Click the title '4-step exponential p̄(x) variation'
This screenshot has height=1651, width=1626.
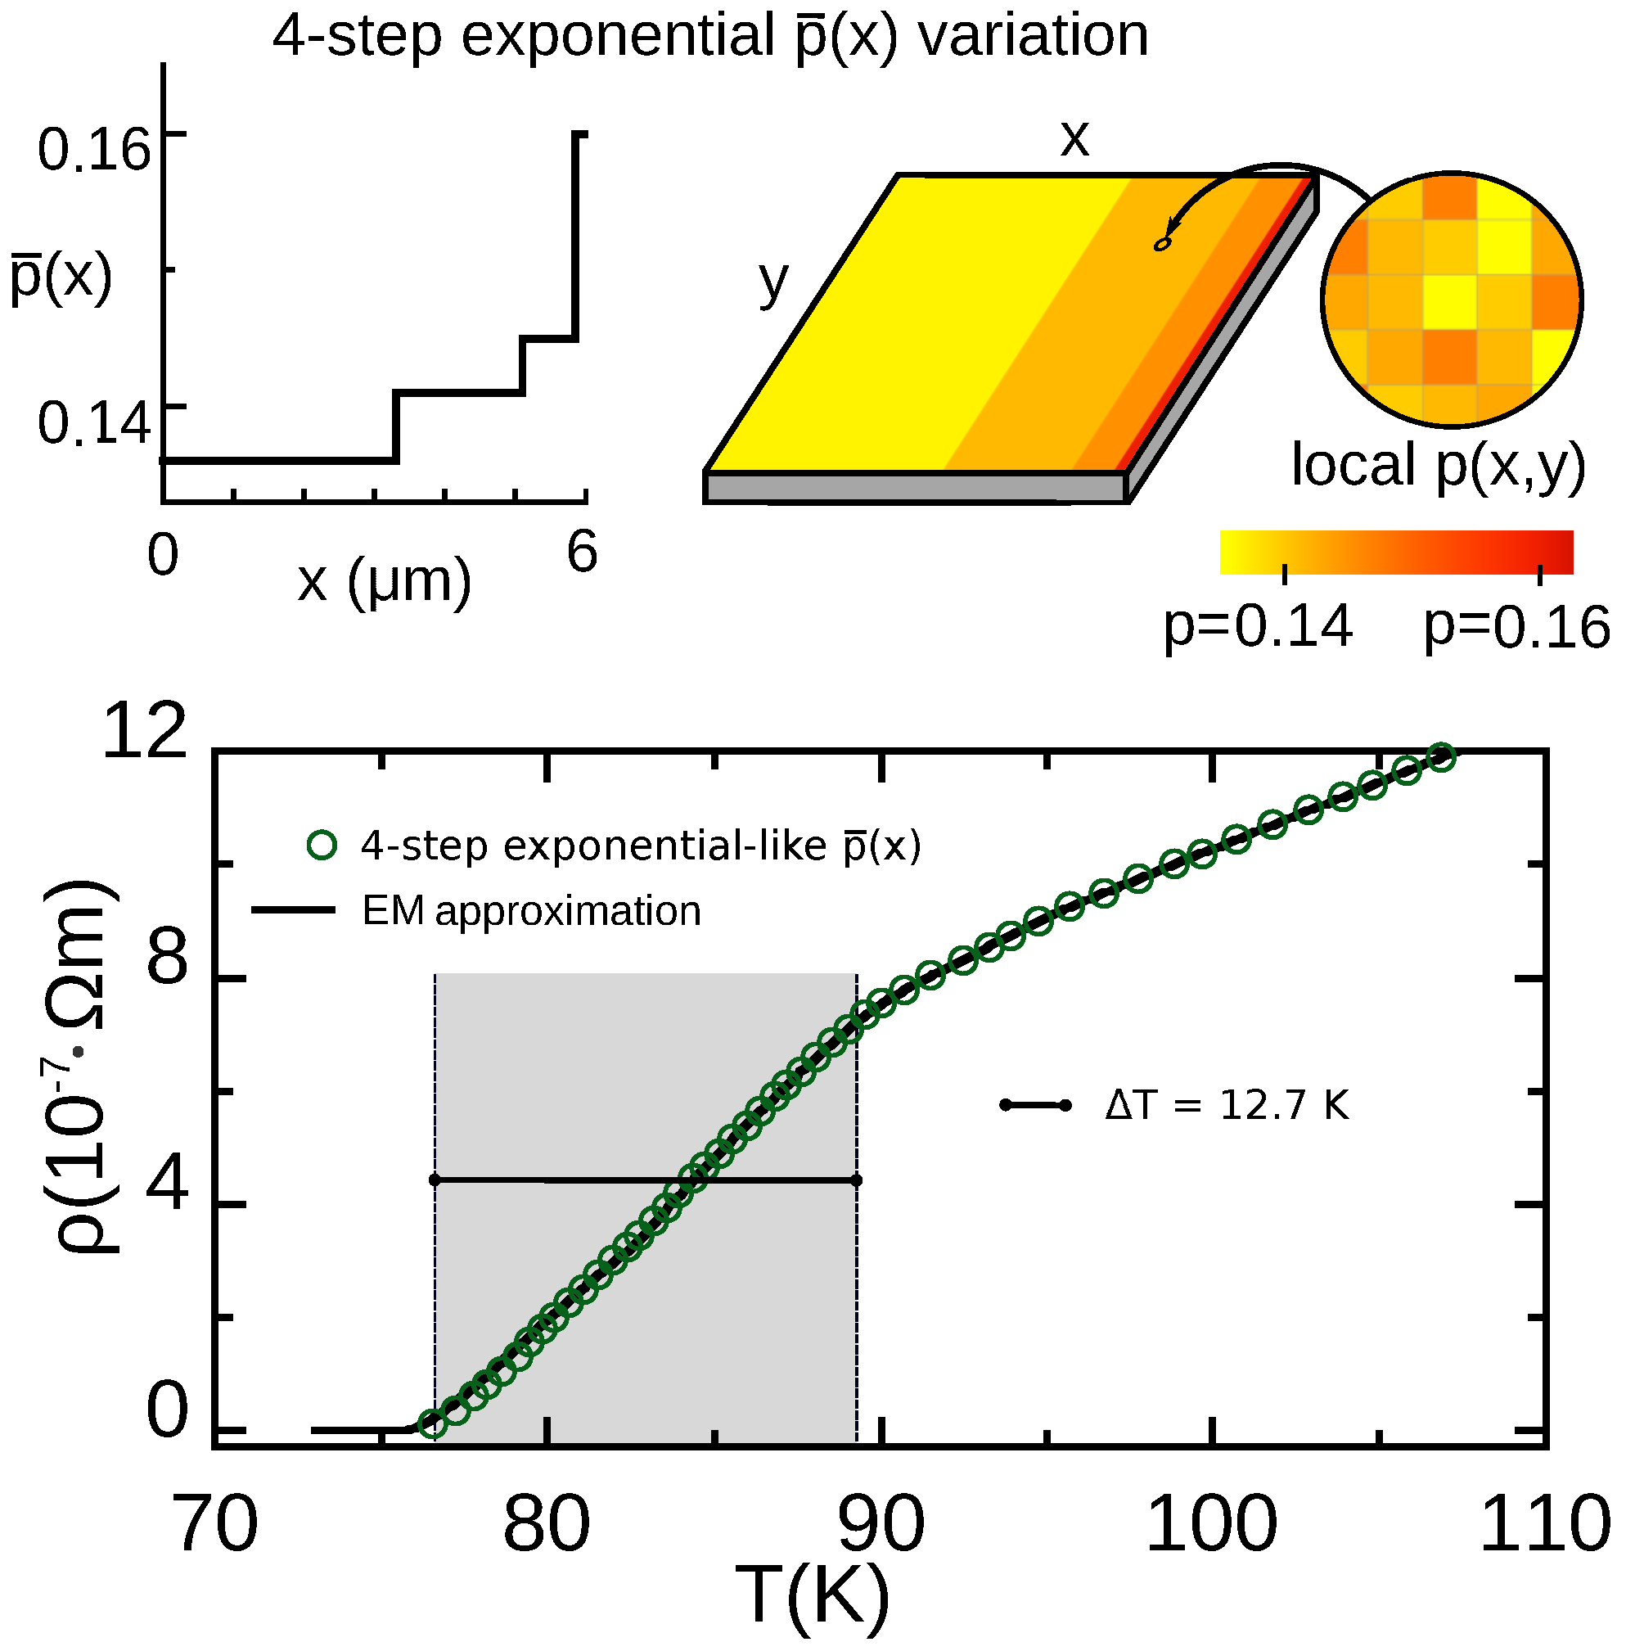710,36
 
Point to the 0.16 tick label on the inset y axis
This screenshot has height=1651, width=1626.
94,149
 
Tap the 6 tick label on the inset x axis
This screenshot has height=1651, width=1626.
583,552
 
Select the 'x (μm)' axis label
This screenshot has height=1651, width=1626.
385,581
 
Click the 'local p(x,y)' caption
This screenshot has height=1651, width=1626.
1438,467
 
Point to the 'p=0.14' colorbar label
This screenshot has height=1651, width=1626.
1258,625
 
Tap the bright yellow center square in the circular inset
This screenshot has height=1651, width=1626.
1451,300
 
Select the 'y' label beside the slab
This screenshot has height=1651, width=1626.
773,282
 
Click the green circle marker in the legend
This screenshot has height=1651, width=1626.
322,846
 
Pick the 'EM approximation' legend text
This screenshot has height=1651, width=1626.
531,910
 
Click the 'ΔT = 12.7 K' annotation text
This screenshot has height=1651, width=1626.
1227,1105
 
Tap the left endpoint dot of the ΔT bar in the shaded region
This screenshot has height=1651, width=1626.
435,1180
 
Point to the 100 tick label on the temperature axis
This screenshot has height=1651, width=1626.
1211,1526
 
